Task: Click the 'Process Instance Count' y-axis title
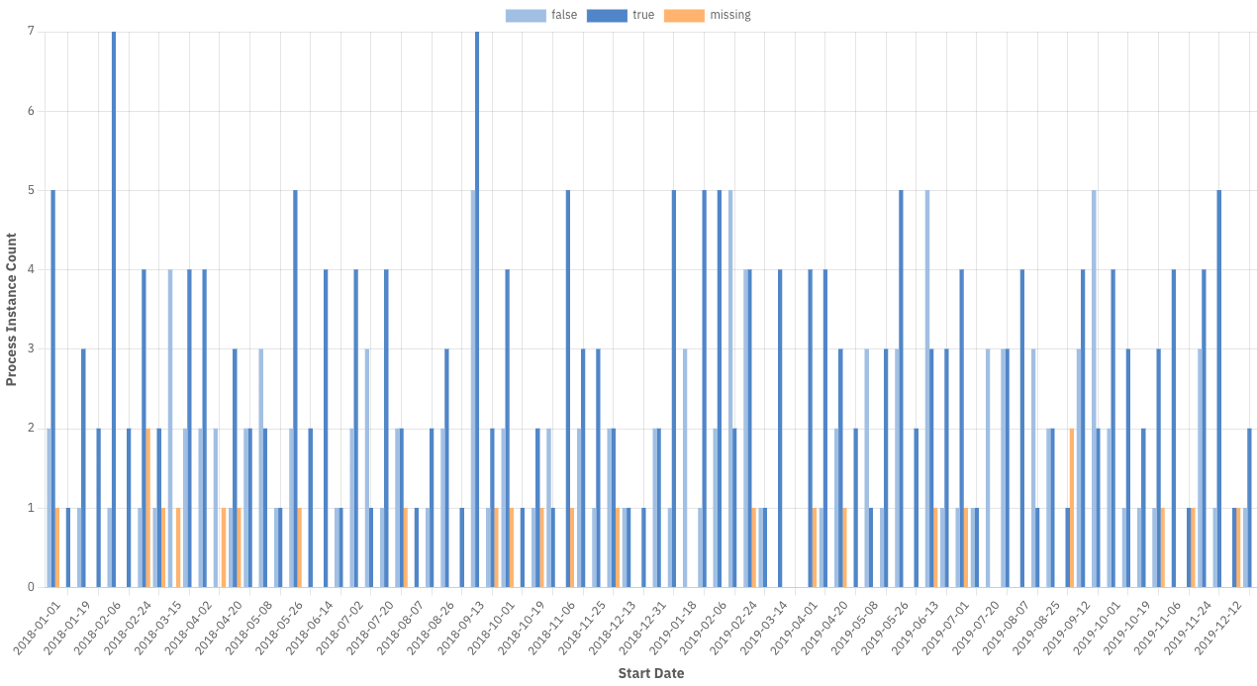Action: pyautogui.click(x=12, y=309)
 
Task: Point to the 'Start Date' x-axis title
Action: pyautogui.click(x=650, y=673)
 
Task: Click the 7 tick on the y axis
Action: pyautogui.click(x=31, y=32)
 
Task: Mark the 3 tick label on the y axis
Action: pyautogui.click(x=31, y=349)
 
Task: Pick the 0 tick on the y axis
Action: pyautogui.click(x=31, y=587)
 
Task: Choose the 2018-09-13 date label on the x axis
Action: pyautogui.click(x=463, y=626)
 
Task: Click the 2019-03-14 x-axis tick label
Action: pyautogui.click(x=766, y=626)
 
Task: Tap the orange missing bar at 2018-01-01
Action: pyautogui.click(x=57, y=547)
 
